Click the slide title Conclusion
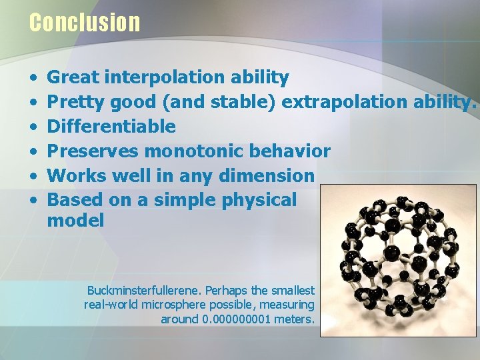pos(85,23)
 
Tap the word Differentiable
pos(111,127)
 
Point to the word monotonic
pos(187,151)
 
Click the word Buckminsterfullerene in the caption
pos(144,291)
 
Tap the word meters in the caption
pos(295,319)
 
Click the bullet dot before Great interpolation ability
pos(33,78)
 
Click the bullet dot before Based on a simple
pos(33,201)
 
